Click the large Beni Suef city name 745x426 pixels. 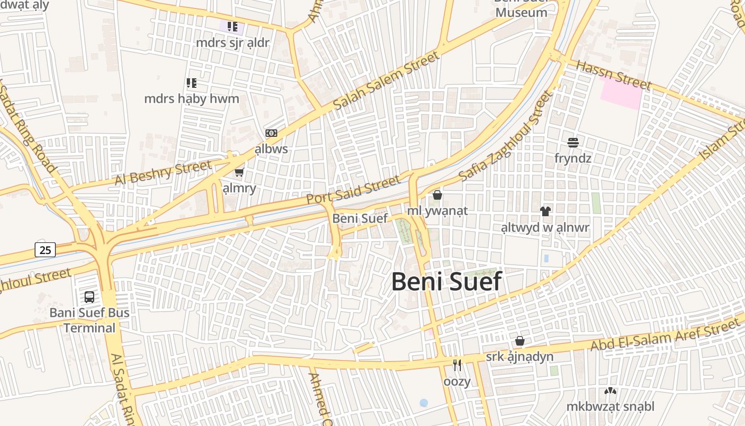(446, 282)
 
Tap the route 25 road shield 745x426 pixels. (45, 249)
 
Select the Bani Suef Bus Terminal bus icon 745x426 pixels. (89, 297)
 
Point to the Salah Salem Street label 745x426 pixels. (387, 80)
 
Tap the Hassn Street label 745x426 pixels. (614, 75)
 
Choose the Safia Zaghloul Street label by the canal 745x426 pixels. (506, 136)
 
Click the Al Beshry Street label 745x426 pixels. (163, 174)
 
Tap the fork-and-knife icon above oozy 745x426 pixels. (457, 365)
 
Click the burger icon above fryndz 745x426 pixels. (573, 143)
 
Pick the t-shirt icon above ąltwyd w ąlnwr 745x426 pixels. (545, 211)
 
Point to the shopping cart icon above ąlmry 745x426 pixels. (239, 172)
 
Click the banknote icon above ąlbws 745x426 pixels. (271, 133)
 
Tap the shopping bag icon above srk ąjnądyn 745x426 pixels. (520, 341)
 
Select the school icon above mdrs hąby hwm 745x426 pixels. (192, 83)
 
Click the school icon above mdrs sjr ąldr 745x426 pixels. (233, 26)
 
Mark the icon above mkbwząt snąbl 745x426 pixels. (610, 391)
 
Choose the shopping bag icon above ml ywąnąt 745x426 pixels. (437, 195)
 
